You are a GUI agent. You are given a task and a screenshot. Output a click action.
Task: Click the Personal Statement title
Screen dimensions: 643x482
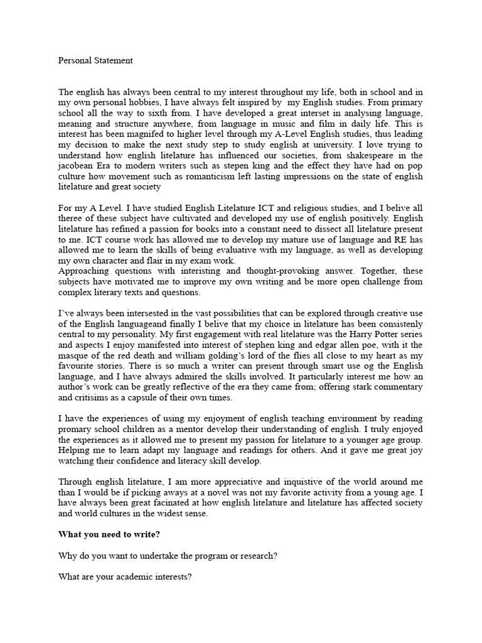(95, 61)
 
